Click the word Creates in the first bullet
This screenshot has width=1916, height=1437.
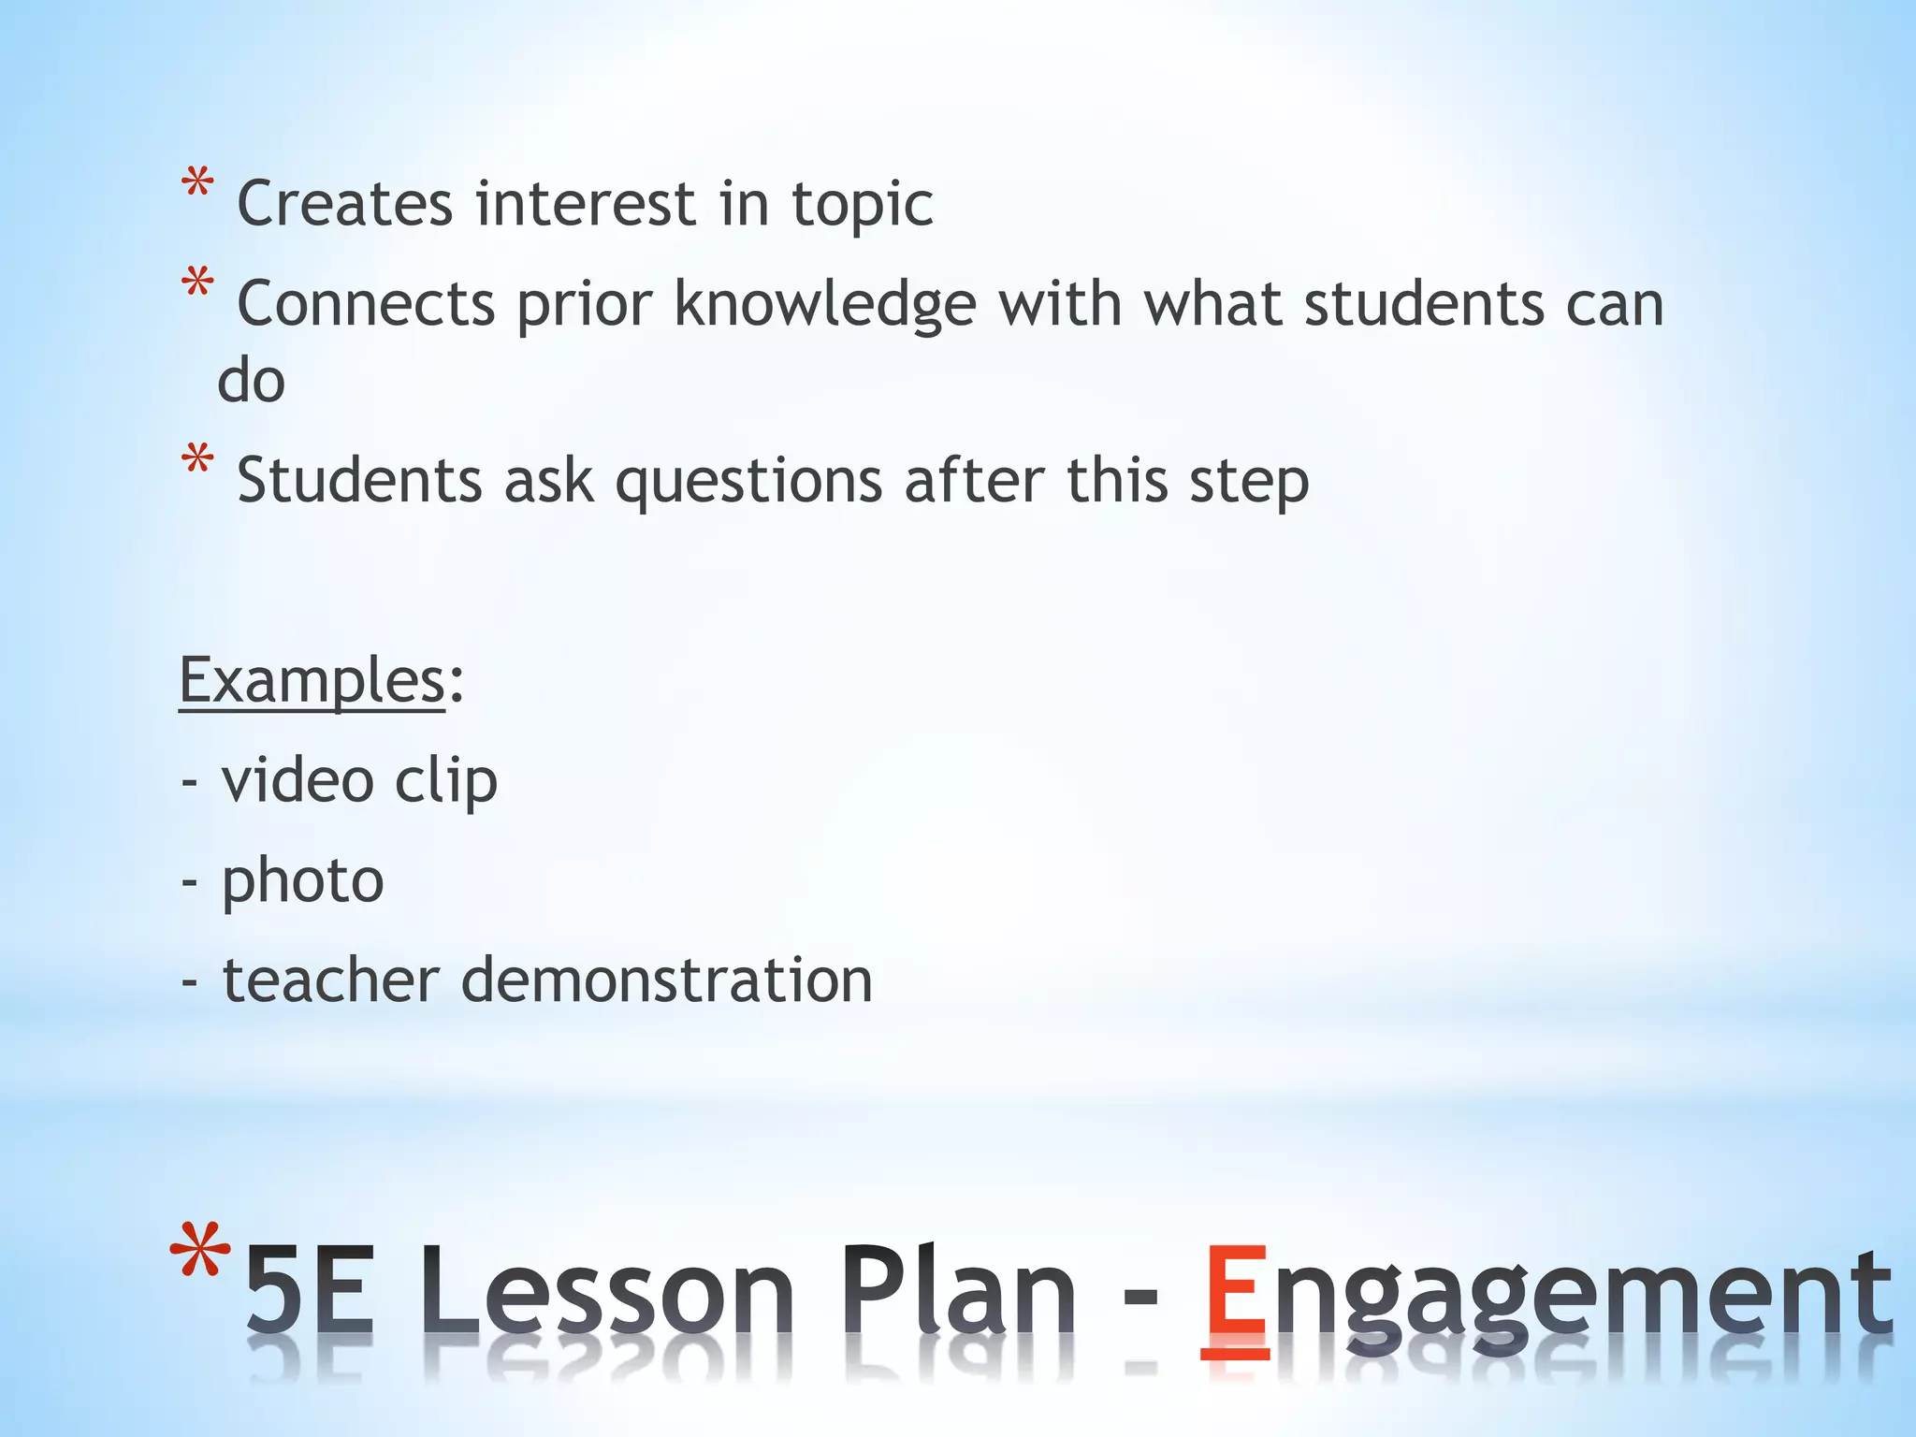pos(344,204)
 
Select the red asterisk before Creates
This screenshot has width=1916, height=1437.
pos(197,184)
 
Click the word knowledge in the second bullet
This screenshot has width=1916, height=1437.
pos(825,305)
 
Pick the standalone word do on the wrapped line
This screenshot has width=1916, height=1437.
pos(251,381)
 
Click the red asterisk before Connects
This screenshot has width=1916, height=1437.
pos(197,284)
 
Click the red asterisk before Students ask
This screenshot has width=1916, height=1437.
pos(197,461)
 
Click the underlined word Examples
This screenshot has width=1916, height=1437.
pos(312,680)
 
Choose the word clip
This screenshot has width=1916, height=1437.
pos(445,782)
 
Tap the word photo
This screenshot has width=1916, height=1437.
pos(302,882)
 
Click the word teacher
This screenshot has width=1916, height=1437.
pos(330,980)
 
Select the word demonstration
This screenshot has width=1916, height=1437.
pos(666,980)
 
